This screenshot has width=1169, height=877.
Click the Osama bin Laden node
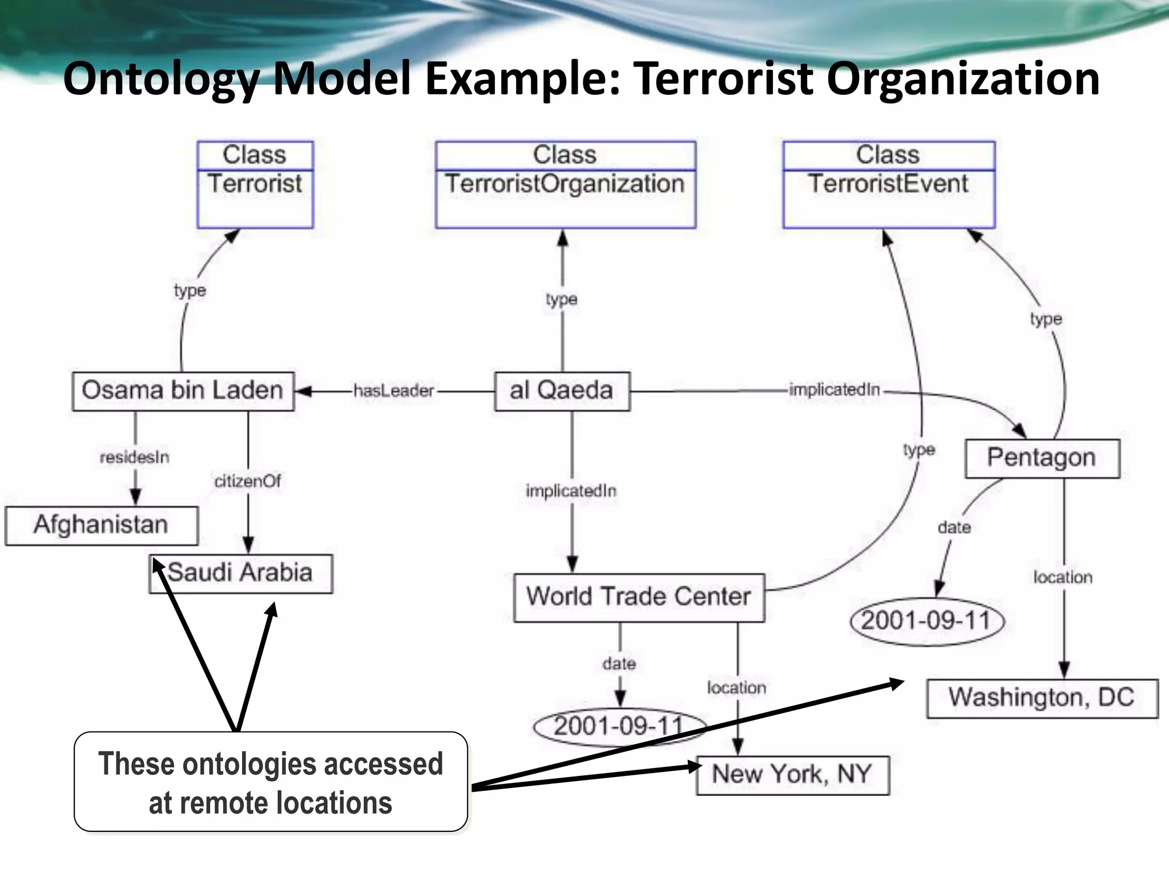coord(183,391)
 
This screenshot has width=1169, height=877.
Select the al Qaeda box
coord(562,391)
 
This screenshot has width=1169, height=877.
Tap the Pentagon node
coord(1042,458)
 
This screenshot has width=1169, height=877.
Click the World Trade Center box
coord(639,597)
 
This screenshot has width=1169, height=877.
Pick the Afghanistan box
coord(101,525)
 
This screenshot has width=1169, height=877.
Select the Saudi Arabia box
coord(240,573)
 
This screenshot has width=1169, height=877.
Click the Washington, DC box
coord(1042,698)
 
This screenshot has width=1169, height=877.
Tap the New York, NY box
coord(792,775)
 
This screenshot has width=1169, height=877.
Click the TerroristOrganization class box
coord(565,184)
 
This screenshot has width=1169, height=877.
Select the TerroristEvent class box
coord(888,184)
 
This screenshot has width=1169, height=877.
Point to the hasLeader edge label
coord(394,391)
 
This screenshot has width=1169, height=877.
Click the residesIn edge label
coord(135,457)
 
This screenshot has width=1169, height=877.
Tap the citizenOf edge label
coord(248,481)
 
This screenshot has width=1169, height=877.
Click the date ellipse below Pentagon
coord(926,621)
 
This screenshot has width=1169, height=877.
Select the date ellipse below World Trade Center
coord(619,727)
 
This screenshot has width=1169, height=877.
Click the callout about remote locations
coord(271,782)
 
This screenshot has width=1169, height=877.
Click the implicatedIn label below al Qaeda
coord(571,491)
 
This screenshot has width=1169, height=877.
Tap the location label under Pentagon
coord(1063,578)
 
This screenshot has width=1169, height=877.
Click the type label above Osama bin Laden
coord(190,291)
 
